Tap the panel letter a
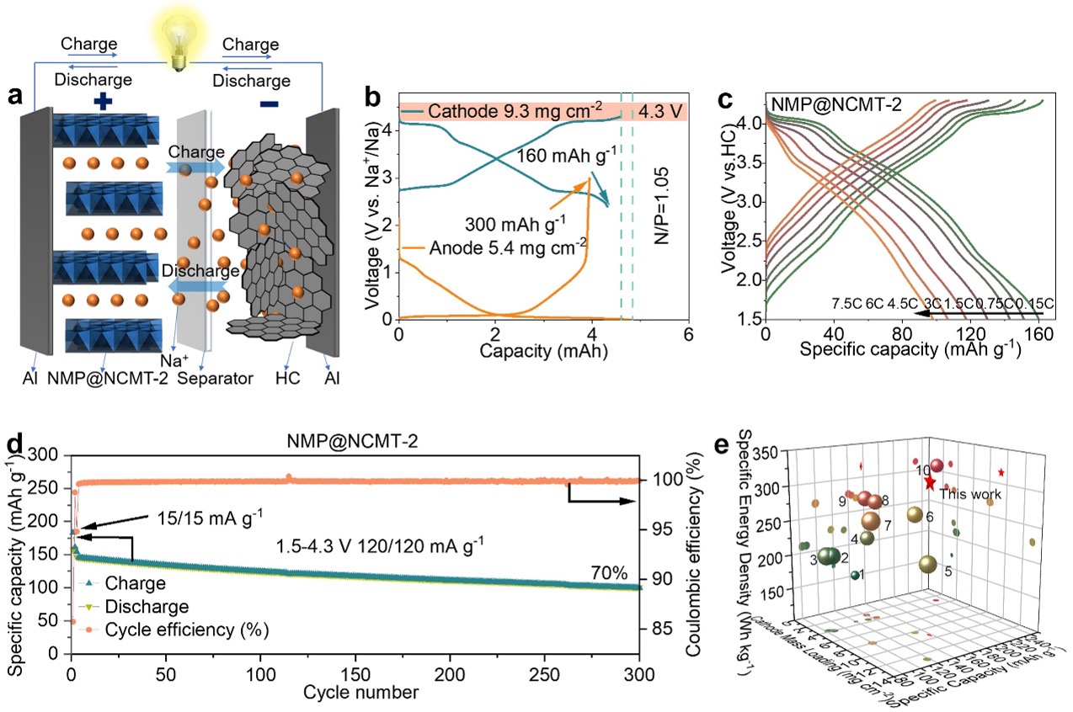pyautogui.click(x=14, y=95)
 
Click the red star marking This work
pyautogui.click(x=929, y=482)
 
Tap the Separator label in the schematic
pyautogui.click(x=220, y=379)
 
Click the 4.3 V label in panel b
pyautogui.click(x=661, y=111)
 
